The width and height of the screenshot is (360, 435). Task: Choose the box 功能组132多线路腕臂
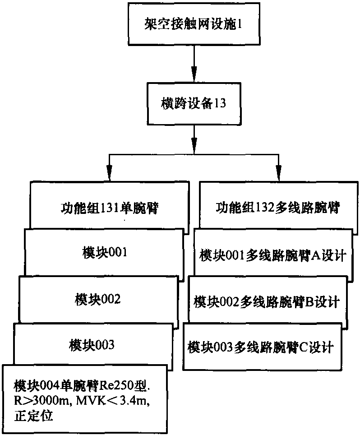[x=276, y=208]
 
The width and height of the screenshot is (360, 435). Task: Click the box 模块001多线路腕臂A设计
[x=272, y=255]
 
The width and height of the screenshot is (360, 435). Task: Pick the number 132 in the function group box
[x=262, y=208]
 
